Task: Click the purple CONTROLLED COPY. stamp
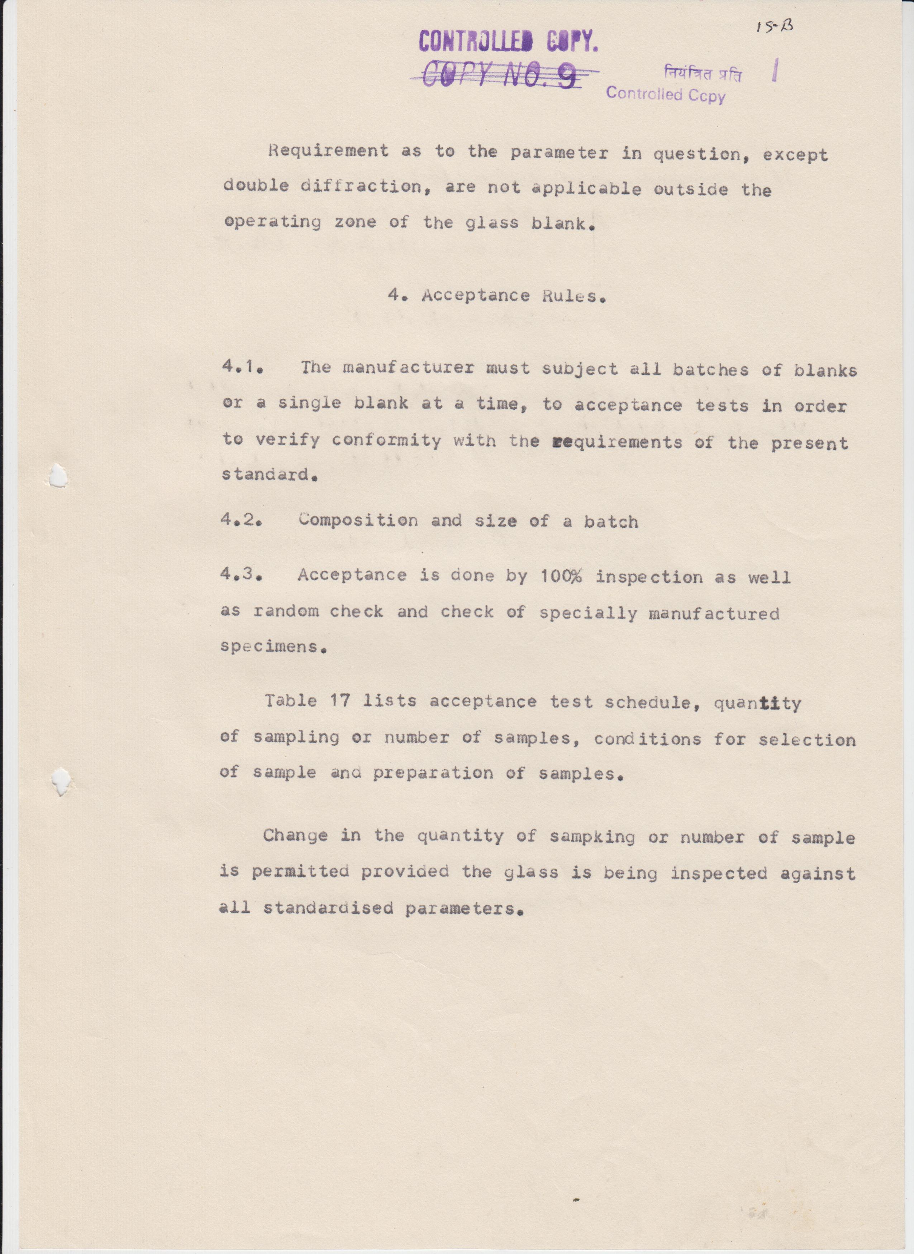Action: click(508, 42)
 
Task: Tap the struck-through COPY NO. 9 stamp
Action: click(501, 76)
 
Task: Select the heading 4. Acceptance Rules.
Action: click(497, 296)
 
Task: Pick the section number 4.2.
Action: click(241, 520)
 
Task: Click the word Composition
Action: click(358, 520)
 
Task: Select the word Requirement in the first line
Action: click(329, 151)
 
